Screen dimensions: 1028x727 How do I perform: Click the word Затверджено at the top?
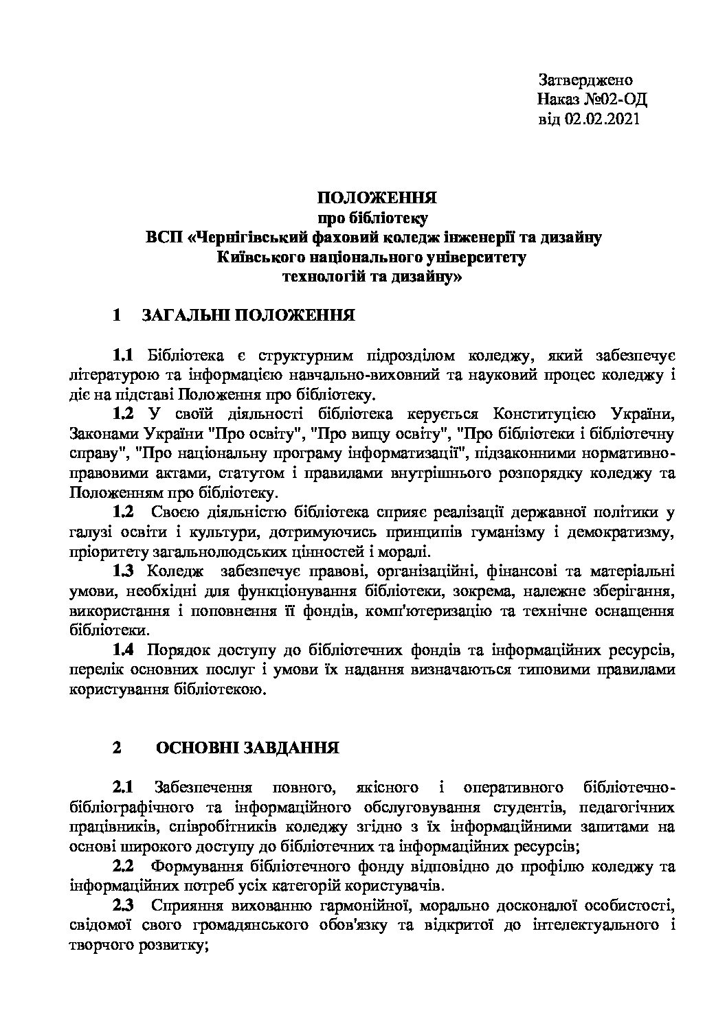[585, 80]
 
